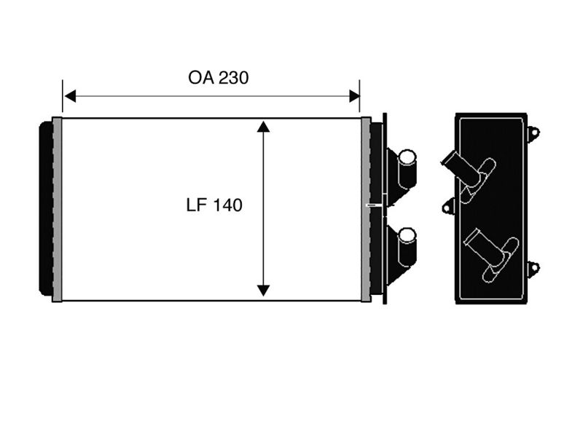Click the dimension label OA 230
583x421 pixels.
(218, 78)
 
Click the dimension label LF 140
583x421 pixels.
(214, 205)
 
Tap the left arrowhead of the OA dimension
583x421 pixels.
(70, 96)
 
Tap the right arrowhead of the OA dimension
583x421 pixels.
(354, 96)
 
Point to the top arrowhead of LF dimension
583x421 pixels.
(263, 127)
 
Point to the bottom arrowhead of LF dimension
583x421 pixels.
(263, 290)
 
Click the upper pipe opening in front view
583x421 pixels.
(407, 157)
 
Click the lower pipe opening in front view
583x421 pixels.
(407, 235)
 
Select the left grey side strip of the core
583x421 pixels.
(57, 209)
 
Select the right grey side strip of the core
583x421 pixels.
(366, 209)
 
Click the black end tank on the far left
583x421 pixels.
(46, 208)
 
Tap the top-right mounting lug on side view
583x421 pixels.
(533, 133)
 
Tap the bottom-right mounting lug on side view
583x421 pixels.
(533, 268)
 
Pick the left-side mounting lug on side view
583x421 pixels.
(449, 206)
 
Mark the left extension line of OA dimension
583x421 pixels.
(63, 96)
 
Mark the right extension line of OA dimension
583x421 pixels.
(359, 96)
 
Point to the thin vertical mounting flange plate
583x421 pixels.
(385, 209)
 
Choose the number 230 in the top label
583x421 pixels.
(233, 78)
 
